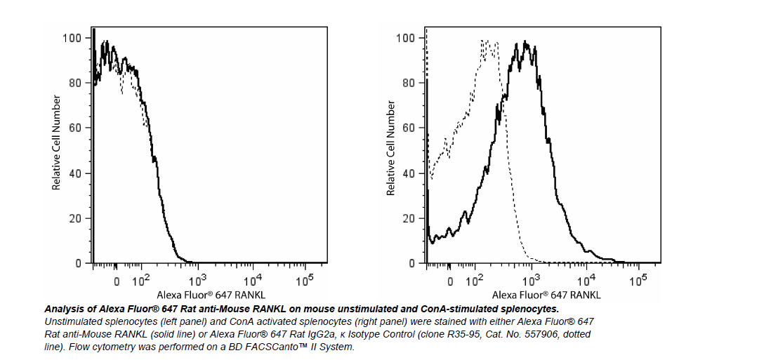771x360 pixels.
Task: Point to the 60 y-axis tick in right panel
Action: tap(408, 128)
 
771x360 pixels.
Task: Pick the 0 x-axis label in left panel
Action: tap(117, 282)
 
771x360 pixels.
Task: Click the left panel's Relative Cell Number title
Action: tap(56, 142)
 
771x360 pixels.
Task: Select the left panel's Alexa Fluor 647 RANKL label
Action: tap(211, 295)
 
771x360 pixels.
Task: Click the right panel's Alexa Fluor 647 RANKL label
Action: tap(546, 295)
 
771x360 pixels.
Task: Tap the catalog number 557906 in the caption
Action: tap(537, 334)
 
